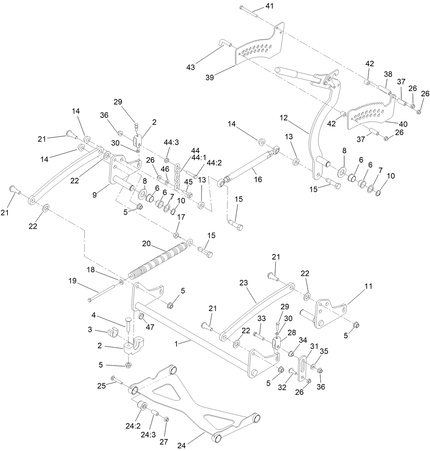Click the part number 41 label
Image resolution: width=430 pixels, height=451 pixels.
[270, 6]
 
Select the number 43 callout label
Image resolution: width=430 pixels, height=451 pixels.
[190, 67]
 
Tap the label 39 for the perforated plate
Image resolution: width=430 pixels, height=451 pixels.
[210, 77]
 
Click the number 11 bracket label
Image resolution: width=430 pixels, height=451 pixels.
[368, 286]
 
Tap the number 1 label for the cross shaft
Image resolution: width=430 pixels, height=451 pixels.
[176, 344]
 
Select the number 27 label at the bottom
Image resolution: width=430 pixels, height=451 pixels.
[164, 441]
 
